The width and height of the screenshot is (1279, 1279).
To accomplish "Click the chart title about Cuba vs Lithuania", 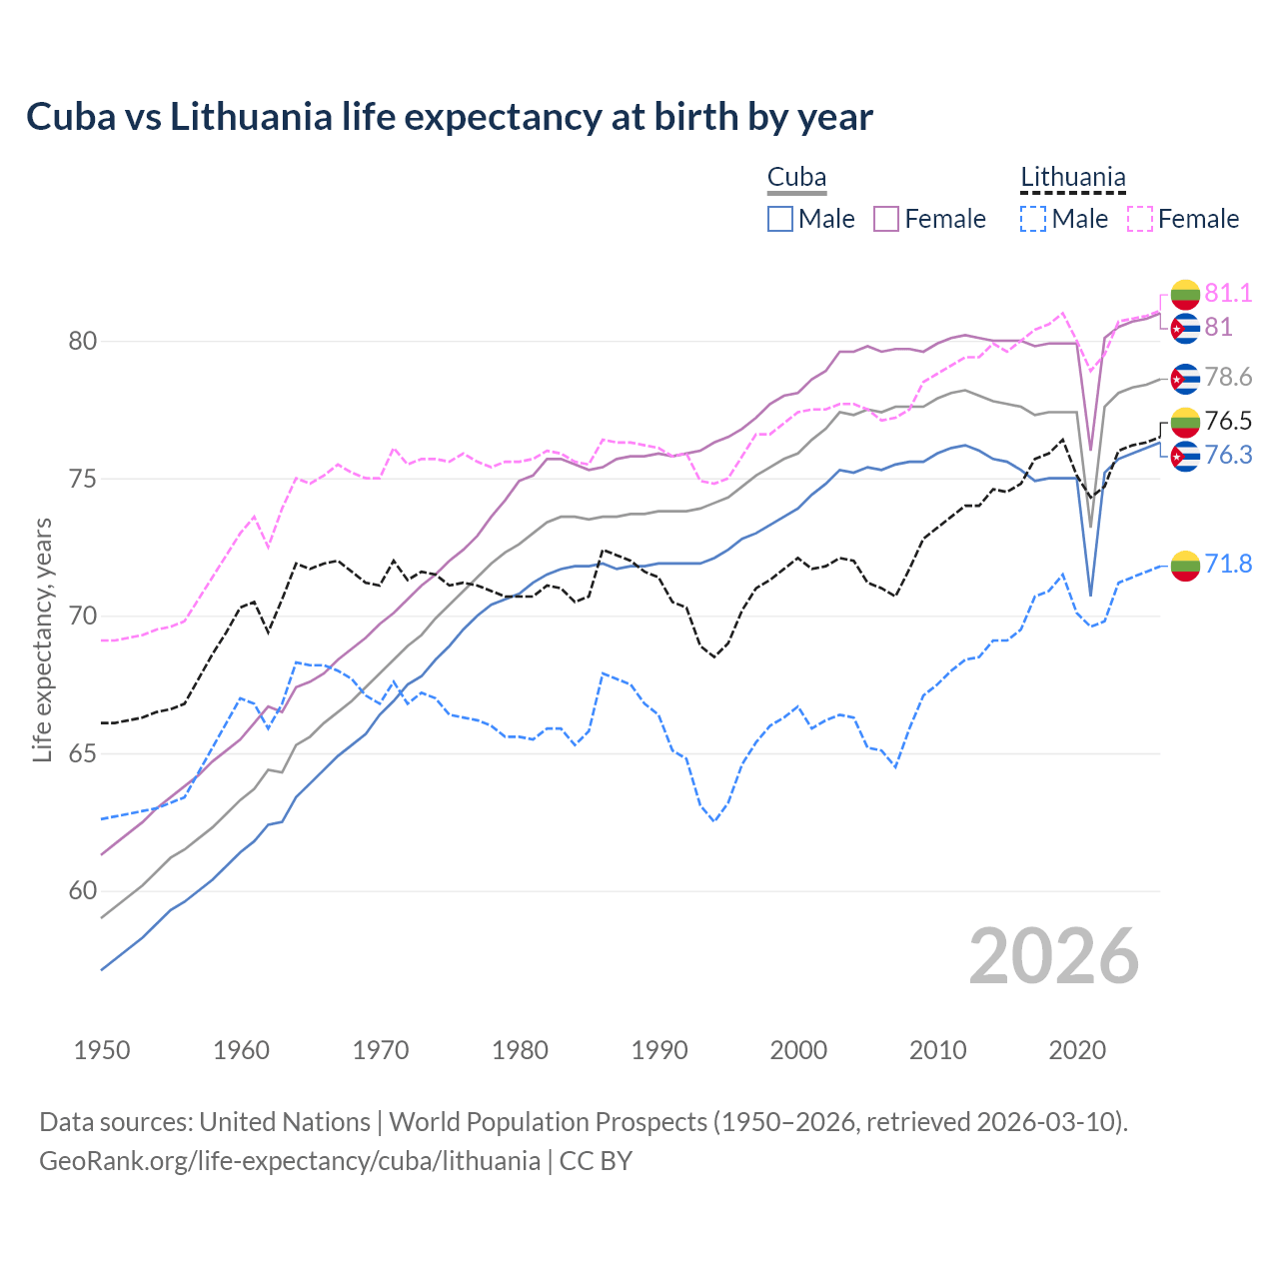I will (450, 117).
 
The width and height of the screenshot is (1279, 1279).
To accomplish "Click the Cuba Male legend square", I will (780, 219).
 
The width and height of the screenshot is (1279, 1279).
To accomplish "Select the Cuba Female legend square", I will (886, 219).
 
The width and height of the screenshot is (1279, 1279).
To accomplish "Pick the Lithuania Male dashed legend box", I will (1033, 219).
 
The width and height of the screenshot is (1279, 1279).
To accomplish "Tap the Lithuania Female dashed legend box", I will (1140, 219).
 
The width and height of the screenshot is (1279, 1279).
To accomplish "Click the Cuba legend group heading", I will (796, 178).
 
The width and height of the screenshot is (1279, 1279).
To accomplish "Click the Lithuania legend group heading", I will (1072, 178).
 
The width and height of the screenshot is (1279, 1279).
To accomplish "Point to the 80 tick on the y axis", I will (82, 342).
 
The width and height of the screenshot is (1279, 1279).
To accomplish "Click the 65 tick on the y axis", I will (82, 753).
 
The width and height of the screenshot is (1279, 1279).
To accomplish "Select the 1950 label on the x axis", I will (102, 1050).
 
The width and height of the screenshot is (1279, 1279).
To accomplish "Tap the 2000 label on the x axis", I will (798, 1050).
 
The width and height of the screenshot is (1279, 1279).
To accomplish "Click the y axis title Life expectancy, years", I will (43, 639).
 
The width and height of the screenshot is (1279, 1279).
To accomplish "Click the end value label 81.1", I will (1228, 294).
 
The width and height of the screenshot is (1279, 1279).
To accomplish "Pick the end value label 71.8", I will (1228, 565).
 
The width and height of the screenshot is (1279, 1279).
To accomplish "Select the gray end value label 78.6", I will (1228, 378).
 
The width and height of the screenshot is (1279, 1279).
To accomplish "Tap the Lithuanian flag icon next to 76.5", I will (1185, 422).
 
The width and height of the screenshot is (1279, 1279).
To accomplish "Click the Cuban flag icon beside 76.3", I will (1185, 457).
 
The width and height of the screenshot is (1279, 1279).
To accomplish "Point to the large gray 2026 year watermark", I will (1053, 956).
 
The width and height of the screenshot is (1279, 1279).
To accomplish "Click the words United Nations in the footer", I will (285, 1122).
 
